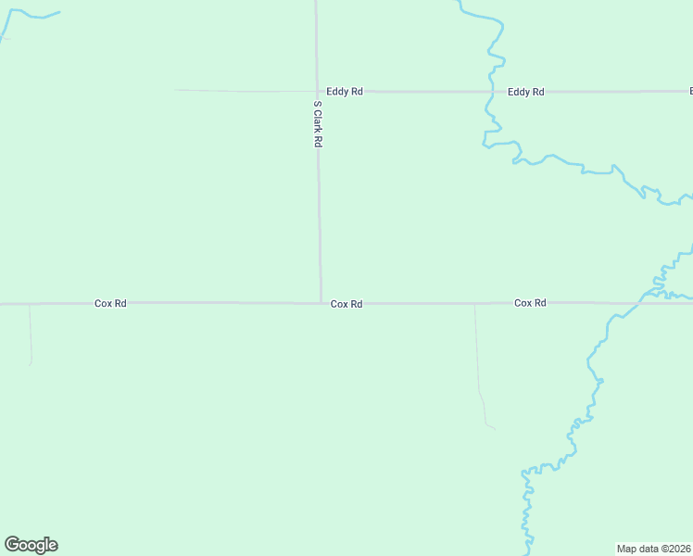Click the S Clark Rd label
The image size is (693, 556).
(x=317, y=124)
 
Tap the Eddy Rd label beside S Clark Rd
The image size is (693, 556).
(x=344, y=92)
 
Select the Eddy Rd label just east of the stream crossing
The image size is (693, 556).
(x=525, y=92)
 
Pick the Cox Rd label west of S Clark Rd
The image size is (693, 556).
(x=110, y=303)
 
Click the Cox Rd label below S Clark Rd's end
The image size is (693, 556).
(x=346, y=304)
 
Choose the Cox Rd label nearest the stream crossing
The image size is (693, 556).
(x=530, y=303)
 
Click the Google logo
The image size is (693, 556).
(x=31, y=545)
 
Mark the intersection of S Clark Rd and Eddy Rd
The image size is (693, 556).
(x=317, y=92)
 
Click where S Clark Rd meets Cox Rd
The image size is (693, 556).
(x=321, y=303)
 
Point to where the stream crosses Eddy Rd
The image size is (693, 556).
(x=491, y=92)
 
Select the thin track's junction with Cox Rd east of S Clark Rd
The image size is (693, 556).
(x=475, y=304)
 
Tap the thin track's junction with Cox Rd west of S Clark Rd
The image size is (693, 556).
(x=30, y=304)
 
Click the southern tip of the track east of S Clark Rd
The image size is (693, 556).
(x=494, y=428)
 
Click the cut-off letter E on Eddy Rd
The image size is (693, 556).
(x=690, y=92)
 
